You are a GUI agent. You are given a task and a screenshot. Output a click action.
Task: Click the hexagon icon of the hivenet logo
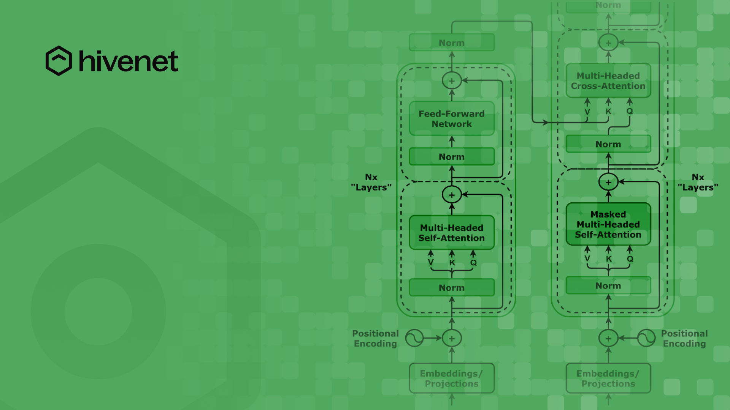(x=59, y=61)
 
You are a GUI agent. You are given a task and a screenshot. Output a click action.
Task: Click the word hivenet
(x=129, y=61)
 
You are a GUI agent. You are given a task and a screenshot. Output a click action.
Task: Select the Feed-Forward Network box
(x=452, y=119)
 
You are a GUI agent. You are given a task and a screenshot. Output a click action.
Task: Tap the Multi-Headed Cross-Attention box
(x=608, y=81)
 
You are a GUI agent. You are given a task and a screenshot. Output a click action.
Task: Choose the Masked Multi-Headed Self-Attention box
(x=608, y=224)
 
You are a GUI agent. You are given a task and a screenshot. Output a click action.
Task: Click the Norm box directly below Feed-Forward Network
(x=452, y=157)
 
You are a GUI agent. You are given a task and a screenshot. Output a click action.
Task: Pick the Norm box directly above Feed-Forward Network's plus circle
(x=452, y=43)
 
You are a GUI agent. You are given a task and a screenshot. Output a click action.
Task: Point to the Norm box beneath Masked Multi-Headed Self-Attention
(x=608, y=286)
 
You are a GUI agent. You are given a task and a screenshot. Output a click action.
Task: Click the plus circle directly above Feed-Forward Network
(x=452, y=81)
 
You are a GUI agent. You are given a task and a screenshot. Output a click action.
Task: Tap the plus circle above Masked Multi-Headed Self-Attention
(x=608, y=182)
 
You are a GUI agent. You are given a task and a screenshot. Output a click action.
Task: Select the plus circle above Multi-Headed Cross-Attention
(x=608, y=43)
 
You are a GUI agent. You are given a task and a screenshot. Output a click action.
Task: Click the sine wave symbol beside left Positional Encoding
(x=414, y=338)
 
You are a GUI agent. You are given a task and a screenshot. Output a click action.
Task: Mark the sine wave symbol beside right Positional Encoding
(x=646, y=338)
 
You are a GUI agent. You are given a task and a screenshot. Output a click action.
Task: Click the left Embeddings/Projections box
(x=452, y=378)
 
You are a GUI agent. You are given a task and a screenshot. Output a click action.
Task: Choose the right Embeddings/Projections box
(x=608, y=378)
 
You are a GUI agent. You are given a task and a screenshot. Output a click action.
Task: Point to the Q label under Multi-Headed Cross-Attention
(x=630, y=111)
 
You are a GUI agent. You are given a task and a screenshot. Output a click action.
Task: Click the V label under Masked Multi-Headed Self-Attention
(x=587, y=259)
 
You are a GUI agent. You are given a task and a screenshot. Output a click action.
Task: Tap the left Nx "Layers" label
(x=371, y=182)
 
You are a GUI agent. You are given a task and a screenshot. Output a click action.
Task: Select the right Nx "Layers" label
(x=698, y=182)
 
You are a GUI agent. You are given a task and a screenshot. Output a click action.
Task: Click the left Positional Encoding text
(x=375, y=338)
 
